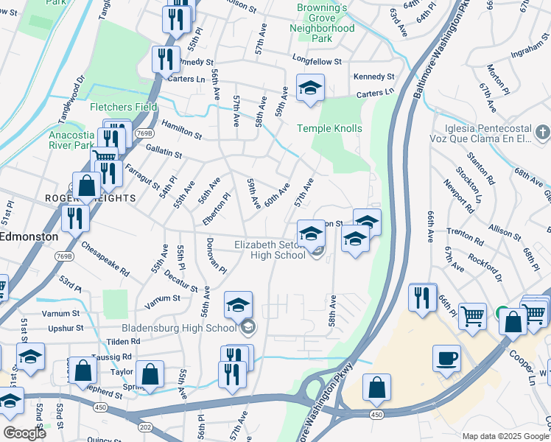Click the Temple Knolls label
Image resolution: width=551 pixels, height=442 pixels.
[329, 128]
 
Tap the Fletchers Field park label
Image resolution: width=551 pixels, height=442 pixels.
[124, 107]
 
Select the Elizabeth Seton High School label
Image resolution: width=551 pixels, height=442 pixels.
[270, 250]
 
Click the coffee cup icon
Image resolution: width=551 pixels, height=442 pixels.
[446, 359]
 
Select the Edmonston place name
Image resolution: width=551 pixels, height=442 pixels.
[28, 236]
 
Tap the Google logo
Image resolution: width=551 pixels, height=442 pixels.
[24, 433]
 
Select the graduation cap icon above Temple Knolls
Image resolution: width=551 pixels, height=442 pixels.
[310, 88]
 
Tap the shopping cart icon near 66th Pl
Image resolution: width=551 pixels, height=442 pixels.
[472, 317]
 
